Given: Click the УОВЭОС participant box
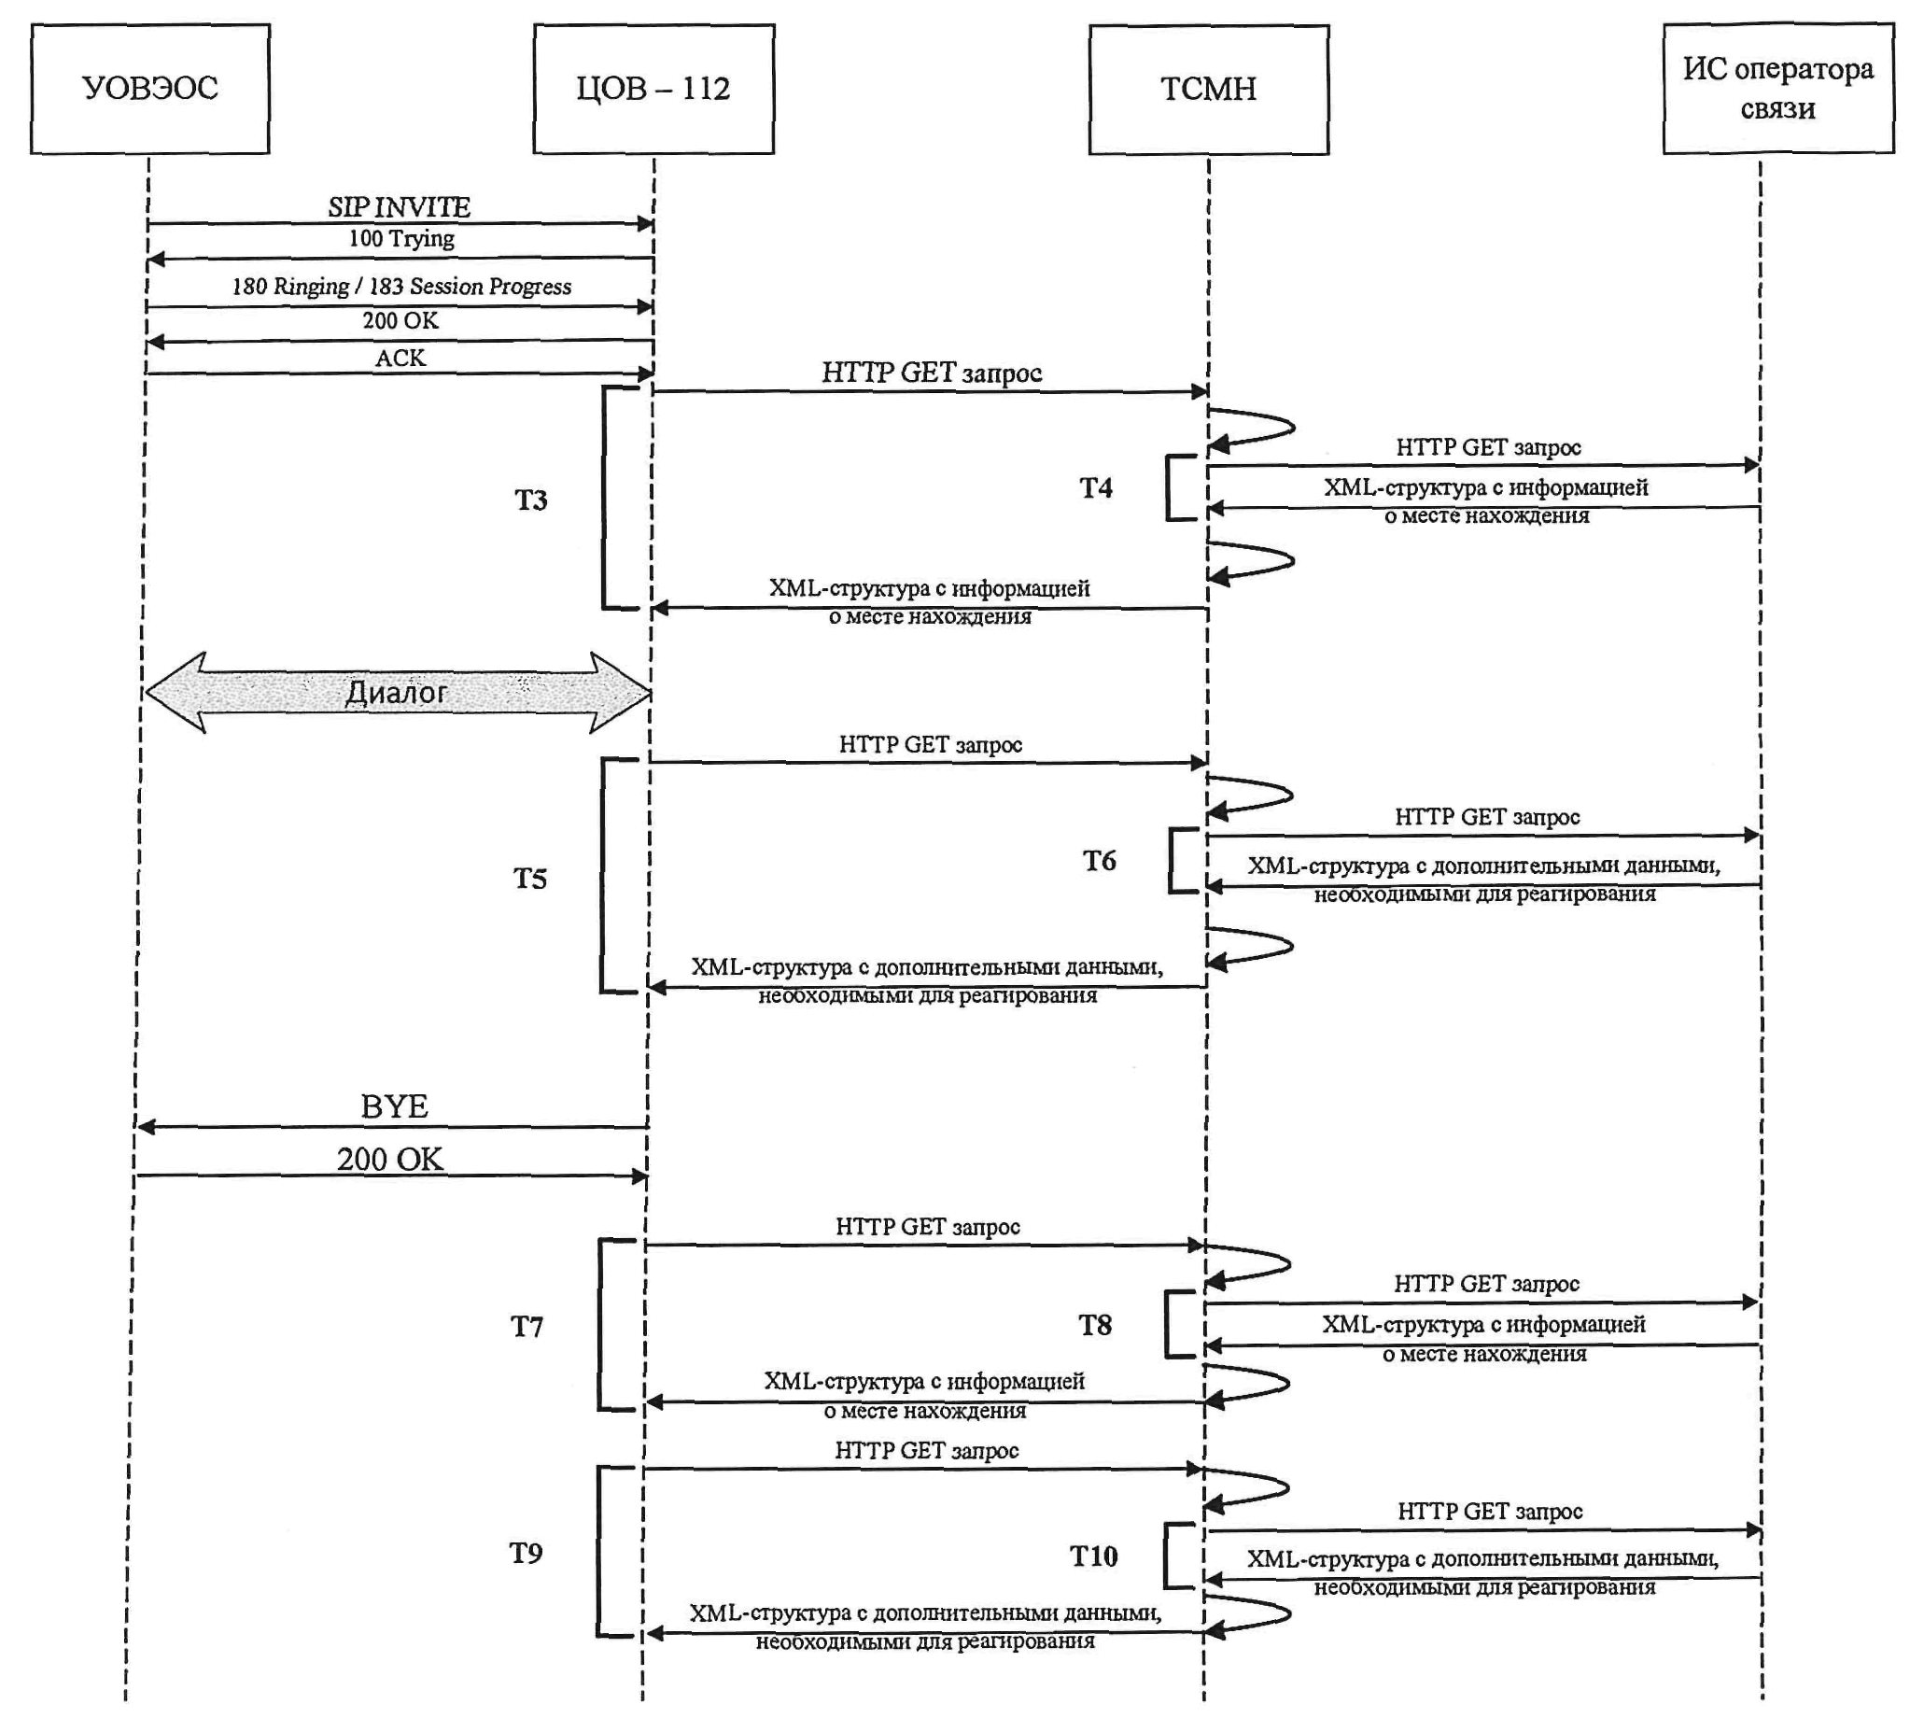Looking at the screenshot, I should pyautogui.click(x=150, y=89).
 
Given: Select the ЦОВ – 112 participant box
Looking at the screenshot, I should pyautogui.click(x=653, y=89).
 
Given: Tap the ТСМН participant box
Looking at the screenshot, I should pyautogui.click(x=1207, y=90).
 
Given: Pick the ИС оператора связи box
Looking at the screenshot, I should pyautogui.click(x=1777, y=89).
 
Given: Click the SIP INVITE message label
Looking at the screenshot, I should pyautogui.click(x=400, y=206).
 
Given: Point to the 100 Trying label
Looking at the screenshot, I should pyautogui.click(x=401, y=238).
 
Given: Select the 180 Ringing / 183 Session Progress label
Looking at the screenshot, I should pyautogui.click(x=401, y=287).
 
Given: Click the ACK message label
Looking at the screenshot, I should pyautogui.click(x=400, y=358).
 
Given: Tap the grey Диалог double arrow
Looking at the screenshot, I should pyautogui.click(x=398, y=692).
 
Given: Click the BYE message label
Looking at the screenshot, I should pyautogui.click(x=394, y=1105).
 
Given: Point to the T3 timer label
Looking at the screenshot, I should pyautogui.click(x=531, y=500).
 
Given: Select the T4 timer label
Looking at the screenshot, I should pyautogui.click(x=1095, y=488).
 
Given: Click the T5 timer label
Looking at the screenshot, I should pyautogui.click(x=530, y=879).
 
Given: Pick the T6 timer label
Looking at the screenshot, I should pyautogui.click(x=1099, y=861).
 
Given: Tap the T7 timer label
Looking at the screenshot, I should pyautogui.click(x=527, y=1327).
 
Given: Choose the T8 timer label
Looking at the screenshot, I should pyautogui.click(x=1095, y=1326).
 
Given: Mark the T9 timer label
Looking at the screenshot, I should pyautogui.click(x=527, y=1553).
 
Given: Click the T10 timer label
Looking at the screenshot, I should pyautogui.click(x=1093, y=1556).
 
